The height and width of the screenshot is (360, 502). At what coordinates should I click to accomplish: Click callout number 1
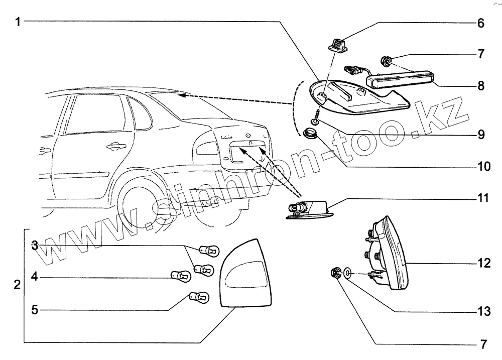click(x=18, y=22)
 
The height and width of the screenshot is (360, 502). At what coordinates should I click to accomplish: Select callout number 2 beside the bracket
click(x=17, y=285)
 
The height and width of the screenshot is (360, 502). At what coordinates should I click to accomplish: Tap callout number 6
click(x=480, y=23)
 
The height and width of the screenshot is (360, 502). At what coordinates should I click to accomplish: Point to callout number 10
click(x=483, y=166)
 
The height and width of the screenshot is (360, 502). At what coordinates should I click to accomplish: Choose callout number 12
click(x=483, y=263)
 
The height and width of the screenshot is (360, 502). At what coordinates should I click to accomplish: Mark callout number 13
click(x=483, y=312)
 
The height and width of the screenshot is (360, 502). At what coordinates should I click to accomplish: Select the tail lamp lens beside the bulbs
click(x=246, y=274)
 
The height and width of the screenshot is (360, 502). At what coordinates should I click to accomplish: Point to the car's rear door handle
click(x=116, y=147)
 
